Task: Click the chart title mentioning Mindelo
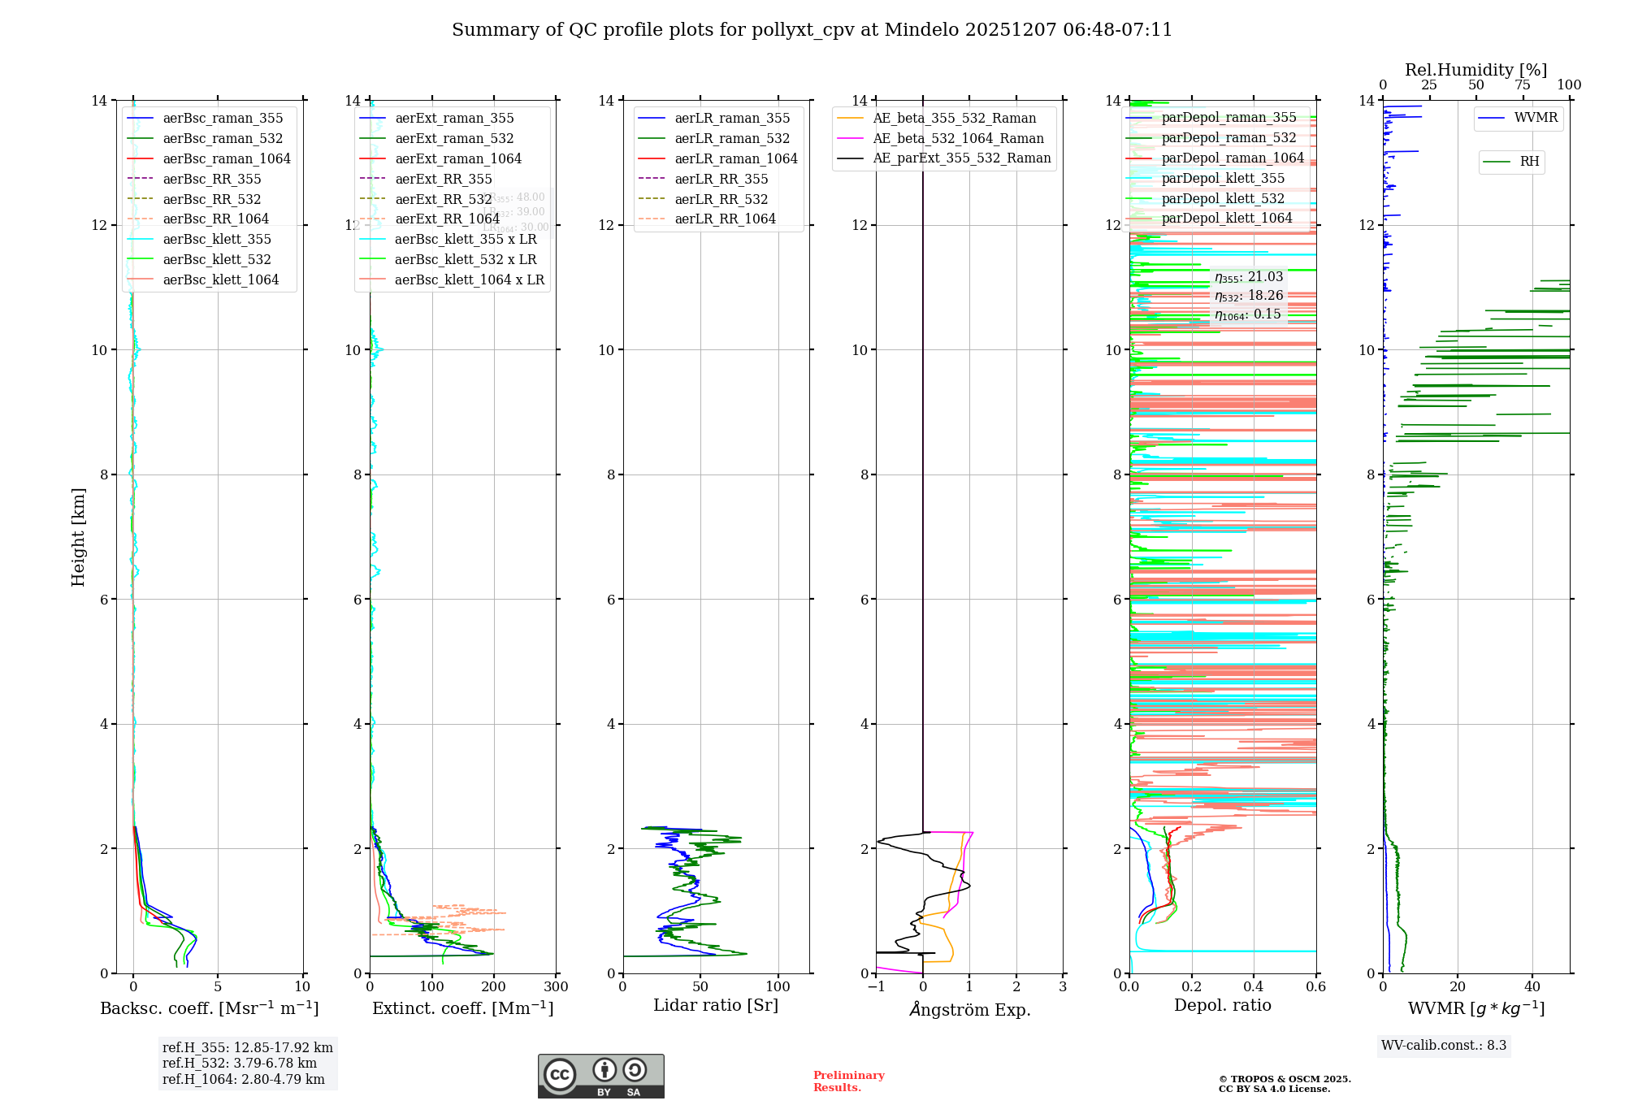coord(812,30)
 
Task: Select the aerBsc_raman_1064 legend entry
coord(226,158)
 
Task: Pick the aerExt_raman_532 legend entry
coord(454,138)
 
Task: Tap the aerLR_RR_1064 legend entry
coord(725,219)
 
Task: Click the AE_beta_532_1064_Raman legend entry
coord(958,138)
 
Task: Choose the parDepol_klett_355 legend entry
coord(1223,178)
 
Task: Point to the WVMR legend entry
coord(1536,118)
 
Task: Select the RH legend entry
coord(1529,162)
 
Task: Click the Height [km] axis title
coord(78,537)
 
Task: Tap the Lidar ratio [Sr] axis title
coord(716,1005)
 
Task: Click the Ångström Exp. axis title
coord(969,1009)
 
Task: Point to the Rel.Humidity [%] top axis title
coord(1475,70)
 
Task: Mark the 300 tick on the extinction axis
coord(557,986)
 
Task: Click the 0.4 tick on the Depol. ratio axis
coord(1254,986)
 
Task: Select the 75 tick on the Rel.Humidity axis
coord(1523,85)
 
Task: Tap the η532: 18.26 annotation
coord(1249,296)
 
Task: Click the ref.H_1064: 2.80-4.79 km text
coord(244,1079)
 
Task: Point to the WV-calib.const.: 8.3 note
coord(1444,1045)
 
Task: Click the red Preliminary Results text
coord(848,1081)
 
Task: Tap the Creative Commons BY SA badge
coord(600,1076)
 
